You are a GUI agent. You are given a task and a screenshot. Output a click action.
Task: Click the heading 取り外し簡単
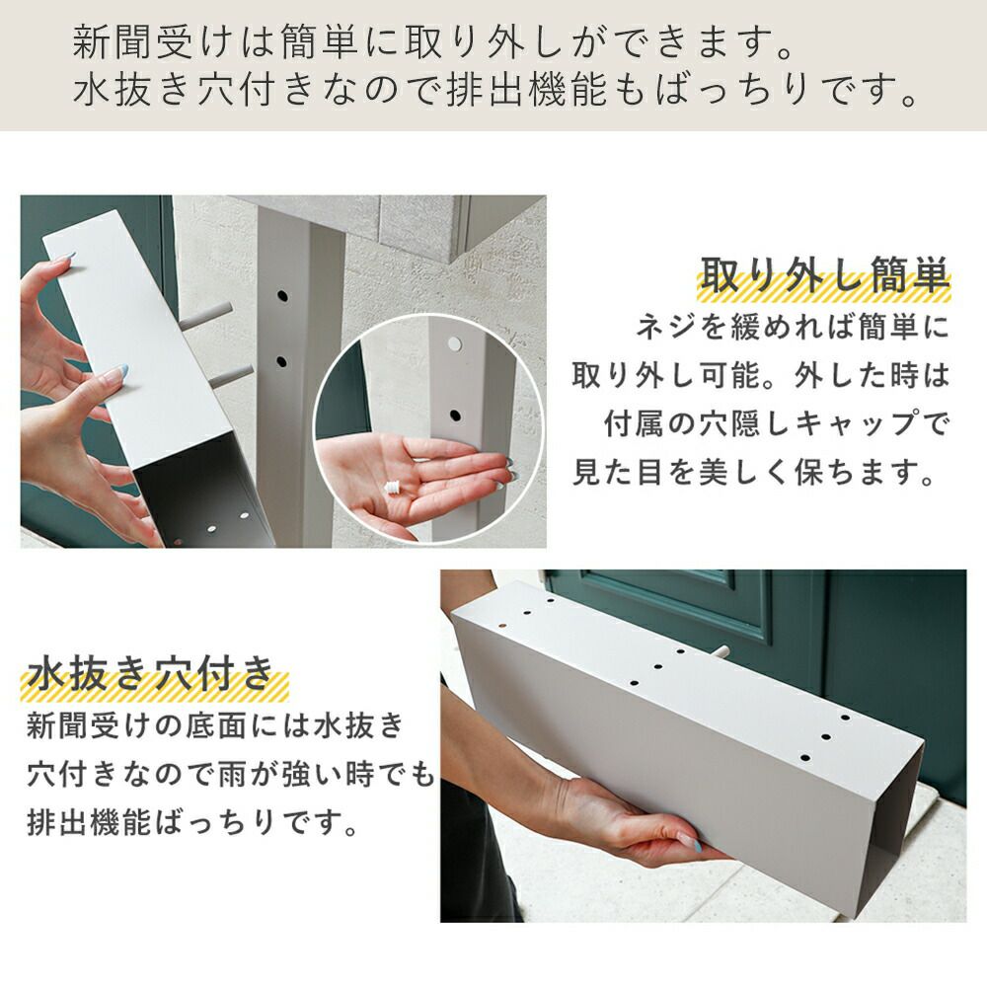pyautogui.click(x=824, y=274)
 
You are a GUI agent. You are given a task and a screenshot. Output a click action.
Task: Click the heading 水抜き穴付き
pyautogui.click(x=150, y=672)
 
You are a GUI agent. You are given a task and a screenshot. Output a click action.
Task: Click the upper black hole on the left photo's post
pyautogui.click(x=282, y=295)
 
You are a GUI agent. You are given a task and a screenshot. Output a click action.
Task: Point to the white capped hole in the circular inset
pyautogui.click(x=454, y=343)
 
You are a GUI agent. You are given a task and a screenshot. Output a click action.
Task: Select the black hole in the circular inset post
pyautogui.click(x=454, y=416)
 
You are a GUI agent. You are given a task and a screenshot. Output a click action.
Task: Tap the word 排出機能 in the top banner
pyautogui.click(x=527, y=90)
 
